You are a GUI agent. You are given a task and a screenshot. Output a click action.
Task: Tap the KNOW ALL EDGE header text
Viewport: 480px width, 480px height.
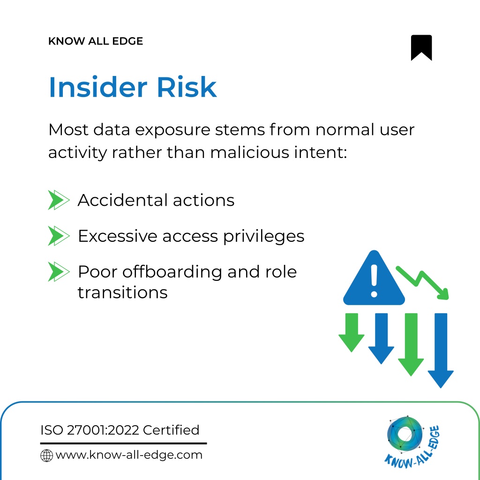(96, 41)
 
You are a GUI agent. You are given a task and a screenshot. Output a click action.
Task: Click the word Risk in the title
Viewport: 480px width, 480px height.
(187, 87)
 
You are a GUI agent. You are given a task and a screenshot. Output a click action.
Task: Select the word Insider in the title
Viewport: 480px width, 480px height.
(98, 87)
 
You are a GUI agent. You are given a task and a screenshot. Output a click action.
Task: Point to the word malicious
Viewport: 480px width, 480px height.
(250, 152)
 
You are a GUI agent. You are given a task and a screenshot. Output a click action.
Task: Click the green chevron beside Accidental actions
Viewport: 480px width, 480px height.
(59, 200)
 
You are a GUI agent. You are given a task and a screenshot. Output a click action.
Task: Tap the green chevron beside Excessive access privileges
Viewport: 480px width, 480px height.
(59, 236)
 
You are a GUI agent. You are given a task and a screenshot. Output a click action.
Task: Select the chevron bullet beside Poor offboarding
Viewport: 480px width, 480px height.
(59, 271)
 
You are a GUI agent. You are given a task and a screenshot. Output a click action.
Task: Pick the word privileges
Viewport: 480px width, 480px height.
(263, 237)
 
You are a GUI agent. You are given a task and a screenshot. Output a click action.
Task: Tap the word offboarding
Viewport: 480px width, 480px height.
(172, 272)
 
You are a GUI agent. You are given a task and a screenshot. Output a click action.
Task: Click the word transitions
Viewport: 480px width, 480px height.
(122, 292)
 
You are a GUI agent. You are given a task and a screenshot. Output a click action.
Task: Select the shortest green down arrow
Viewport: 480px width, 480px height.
(352, 332)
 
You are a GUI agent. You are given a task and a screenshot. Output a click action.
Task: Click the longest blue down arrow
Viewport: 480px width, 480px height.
(441, 351)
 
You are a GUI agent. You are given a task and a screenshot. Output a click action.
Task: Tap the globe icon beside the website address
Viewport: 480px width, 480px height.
(46, 456)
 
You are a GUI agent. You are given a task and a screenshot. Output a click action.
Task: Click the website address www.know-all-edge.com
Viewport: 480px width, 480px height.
(129, 455)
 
